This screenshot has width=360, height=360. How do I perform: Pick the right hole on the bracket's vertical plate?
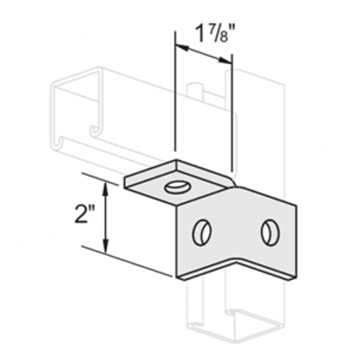coord(269,231)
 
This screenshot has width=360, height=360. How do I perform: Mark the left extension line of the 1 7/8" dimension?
coord(175,101)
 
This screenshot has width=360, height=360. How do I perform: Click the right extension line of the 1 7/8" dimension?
coord(231,115)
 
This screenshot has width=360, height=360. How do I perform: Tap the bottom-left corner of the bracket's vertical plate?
coord(177,276)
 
